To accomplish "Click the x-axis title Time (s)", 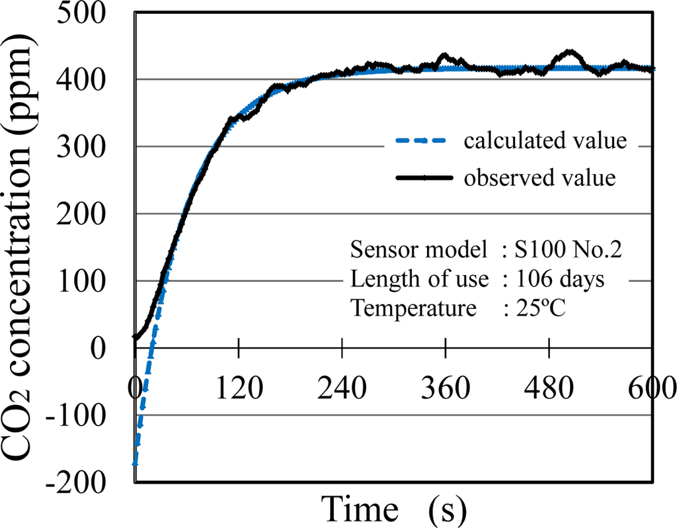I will tap(395, 508).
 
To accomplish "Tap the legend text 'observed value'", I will tap(540, 178).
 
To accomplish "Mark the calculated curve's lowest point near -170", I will tap(136, 462).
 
